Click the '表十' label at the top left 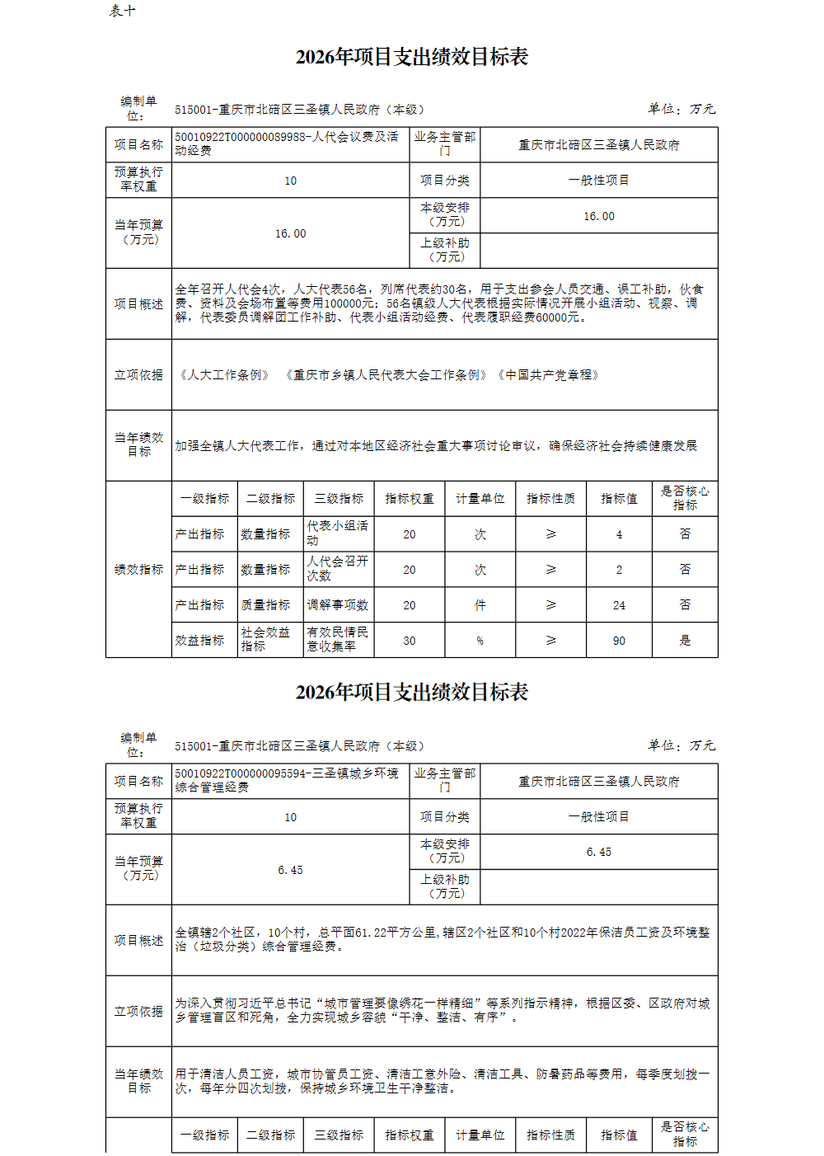pyautogui.click(x=123, y=11)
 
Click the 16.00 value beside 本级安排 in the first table pyautogui.click(x=599, y=216)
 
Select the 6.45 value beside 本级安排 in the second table pyautogui.click(x=599, y=852)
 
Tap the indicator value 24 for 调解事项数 pyautogui.click(x=619, y=605)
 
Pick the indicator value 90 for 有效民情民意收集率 pyautogui.click(x=619, y=641)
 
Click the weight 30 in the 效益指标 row pyautogui.click(x=410, y=641)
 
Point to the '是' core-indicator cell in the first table pyautogui.click(x=685, y=640)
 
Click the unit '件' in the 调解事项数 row pyautogui.click(x=480, y=605)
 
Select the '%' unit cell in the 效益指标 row pyautogui.click(x=480, y=641)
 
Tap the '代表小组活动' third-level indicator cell pyautogui.click(x=338, y=533)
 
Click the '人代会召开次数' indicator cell pyautogui.click(x=338, y=569)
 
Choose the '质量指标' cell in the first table pyautogui.click(x=265, y=605)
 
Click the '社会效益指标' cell pyautogui.click(x=265, y=640)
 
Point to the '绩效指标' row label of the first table pyautogui.click(x=138, y=569)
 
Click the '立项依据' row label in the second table pyautogui.click(x=138, y=1011)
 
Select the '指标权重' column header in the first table pyautogui.click(x=410, y=499)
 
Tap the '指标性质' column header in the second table pyautogui.click(x=551, y=1135)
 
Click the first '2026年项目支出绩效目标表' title pyautogui.click(x=412, y=57)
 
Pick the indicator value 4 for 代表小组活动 pyautogui.click(x=619, y=534)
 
